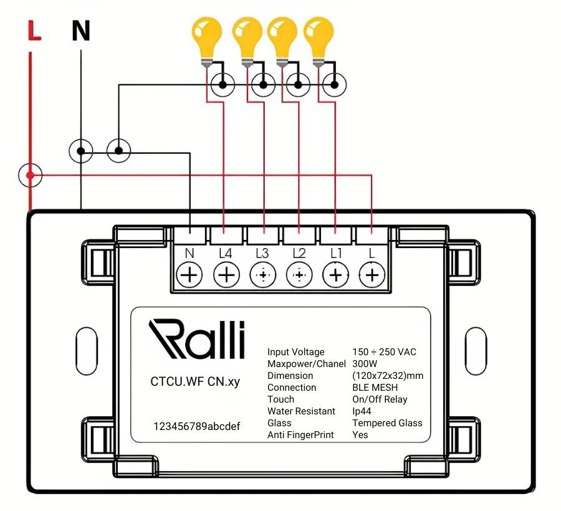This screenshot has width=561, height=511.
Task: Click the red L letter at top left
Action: click(x=34, y=31)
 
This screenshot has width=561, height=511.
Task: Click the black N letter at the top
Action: click(x=81, y=31)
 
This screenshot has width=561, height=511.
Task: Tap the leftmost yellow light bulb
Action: click(x=207, y=42)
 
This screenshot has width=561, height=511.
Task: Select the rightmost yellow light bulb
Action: click(x=319, y=42)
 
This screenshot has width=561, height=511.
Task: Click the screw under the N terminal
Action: click(x=189, y=275)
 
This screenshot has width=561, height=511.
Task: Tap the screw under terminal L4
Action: click(x=226, y=275)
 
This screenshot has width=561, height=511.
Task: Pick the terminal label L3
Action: click(x=262, y=253)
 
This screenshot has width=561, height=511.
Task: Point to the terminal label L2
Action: click(x=299, y=253)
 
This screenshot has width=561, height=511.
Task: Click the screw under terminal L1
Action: click(x=335, y=275)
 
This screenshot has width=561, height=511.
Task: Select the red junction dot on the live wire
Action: click(x=31, y=175)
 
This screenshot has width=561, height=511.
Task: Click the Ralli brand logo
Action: click(x=197, y=339)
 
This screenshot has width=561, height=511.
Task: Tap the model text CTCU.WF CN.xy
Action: click(x=195, y=381)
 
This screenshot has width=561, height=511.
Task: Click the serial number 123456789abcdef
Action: click(x=197, y=426)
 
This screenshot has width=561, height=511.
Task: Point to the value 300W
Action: click(x=365, y=364)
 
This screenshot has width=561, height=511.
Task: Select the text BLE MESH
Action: click(x=375, y=387)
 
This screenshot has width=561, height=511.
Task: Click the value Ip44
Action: click(x=362, y=411)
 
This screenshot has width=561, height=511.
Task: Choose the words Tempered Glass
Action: click(x=387, y=423)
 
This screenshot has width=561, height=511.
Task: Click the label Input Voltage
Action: click(x=296, y=352)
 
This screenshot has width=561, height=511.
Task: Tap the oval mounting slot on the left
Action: click(x=87, y=351)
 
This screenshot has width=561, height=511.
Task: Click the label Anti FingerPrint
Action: click(x=300, y=435)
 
